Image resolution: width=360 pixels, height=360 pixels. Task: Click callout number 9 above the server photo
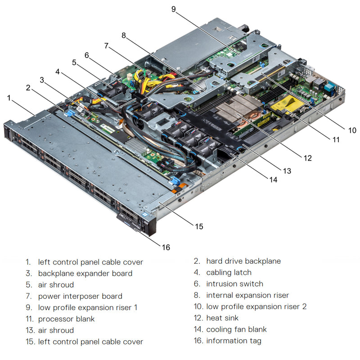point(173,9)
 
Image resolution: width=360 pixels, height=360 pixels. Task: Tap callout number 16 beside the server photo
point(166,247)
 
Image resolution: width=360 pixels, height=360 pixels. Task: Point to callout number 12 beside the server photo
point(307,158)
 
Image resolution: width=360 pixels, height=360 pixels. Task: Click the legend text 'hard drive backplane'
point(243,261)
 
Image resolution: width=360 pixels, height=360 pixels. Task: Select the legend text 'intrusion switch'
point(234,284)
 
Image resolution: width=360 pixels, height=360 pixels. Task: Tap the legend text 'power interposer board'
point(80,296)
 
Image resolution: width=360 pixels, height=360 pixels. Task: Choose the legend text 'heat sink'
point(222,318)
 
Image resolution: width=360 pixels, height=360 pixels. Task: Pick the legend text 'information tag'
point(234,341)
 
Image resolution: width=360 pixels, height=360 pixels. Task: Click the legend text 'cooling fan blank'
point(236,329)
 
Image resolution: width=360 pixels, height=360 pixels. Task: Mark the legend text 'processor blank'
point(66,319)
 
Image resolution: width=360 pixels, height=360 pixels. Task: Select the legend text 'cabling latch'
point(229,272)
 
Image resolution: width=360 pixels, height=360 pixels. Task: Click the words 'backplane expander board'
point(85,273)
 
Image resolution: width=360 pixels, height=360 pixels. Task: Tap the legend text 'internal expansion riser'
point(247,295)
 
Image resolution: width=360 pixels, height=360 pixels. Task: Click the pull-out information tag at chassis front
point(130,221)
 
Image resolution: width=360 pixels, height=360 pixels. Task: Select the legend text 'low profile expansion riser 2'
point(256,307)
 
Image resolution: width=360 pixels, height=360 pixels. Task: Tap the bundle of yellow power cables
point(148,81)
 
